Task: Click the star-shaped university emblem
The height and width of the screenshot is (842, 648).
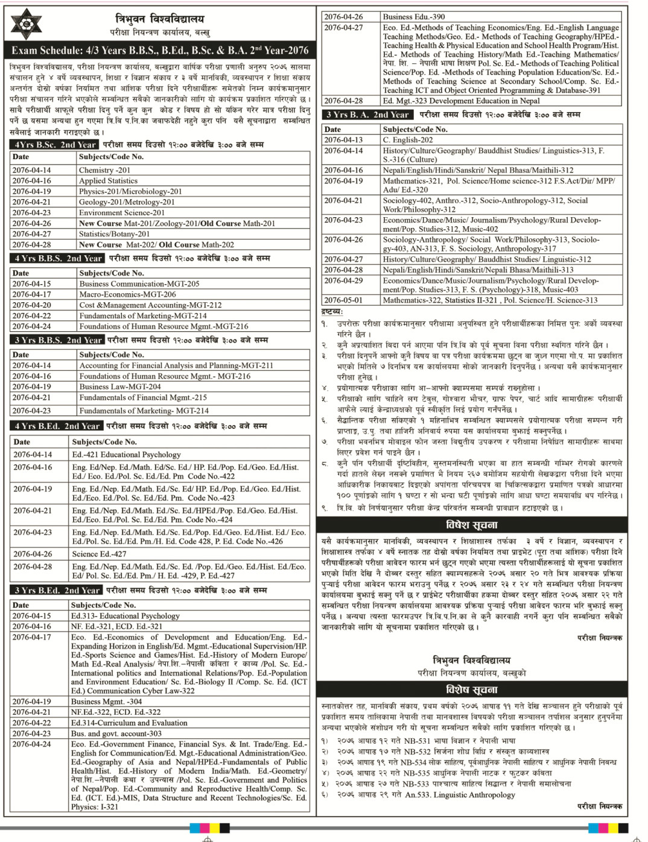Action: [27, 24]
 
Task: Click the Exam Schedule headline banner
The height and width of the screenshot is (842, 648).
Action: [160, 51]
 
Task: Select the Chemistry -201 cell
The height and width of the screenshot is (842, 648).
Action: [104, 170]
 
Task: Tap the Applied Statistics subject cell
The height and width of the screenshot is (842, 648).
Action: [108, 181]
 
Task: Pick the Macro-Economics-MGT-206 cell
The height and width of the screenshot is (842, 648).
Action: [127, 294]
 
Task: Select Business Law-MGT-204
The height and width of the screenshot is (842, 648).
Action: [120, 387]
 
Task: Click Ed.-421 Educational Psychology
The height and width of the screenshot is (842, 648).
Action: [126, 455]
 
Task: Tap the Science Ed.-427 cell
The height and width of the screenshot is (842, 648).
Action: [99, 554]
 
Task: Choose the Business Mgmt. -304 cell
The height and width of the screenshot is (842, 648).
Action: [106, 701]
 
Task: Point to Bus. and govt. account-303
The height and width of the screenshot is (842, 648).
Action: [116, 733]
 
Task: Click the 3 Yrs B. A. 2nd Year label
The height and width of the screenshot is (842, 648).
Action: [367, 115]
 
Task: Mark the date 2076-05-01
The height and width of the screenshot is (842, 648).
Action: [343, 300]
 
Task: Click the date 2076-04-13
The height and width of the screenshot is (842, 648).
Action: [343, 140]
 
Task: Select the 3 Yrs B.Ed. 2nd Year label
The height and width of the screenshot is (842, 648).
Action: [57, 590]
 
